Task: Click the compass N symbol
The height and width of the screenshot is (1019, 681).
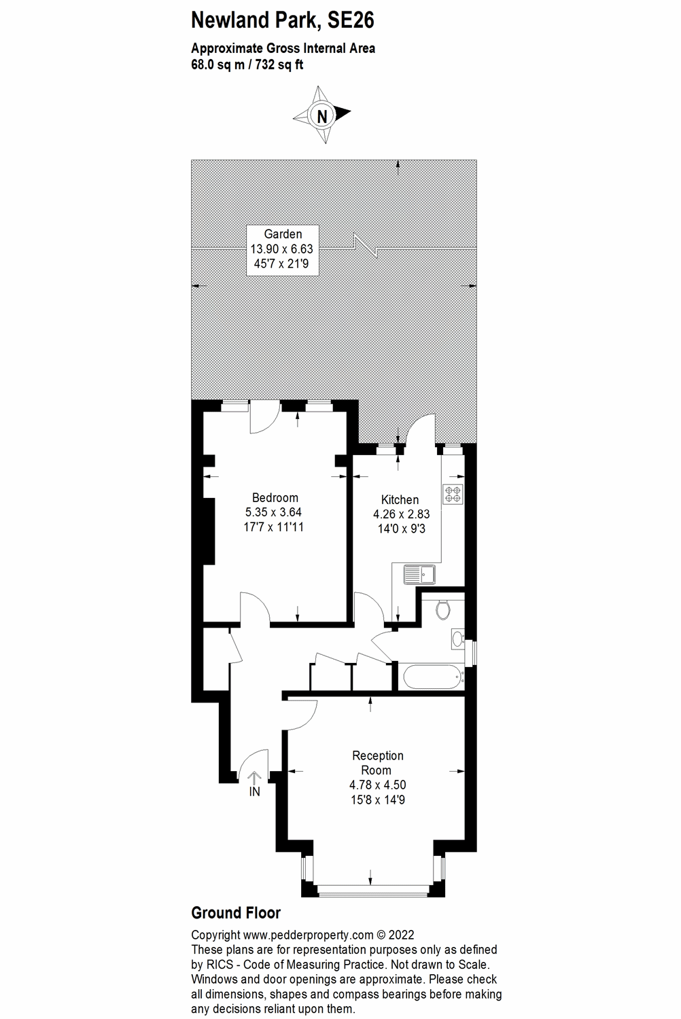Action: click(322, 115)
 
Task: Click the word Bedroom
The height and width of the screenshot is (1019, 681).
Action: click(275, 497)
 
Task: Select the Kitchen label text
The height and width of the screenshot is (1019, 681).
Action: click(400, 499)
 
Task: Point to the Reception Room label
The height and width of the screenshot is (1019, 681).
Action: click(377, 762)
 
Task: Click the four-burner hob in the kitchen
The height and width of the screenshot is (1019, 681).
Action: click(453, 494)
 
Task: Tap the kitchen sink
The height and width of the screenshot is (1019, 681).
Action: click(419, 575)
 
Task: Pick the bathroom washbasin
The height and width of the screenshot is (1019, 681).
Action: click(457, 638)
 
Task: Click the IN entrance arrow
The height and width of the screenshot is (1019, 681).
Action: click(255, 782)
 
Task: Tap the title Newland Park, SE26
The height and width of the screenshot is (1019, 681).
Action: click(282, 20)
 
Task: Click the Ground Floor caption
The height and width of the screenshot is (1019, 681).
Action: click(236, 912)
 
